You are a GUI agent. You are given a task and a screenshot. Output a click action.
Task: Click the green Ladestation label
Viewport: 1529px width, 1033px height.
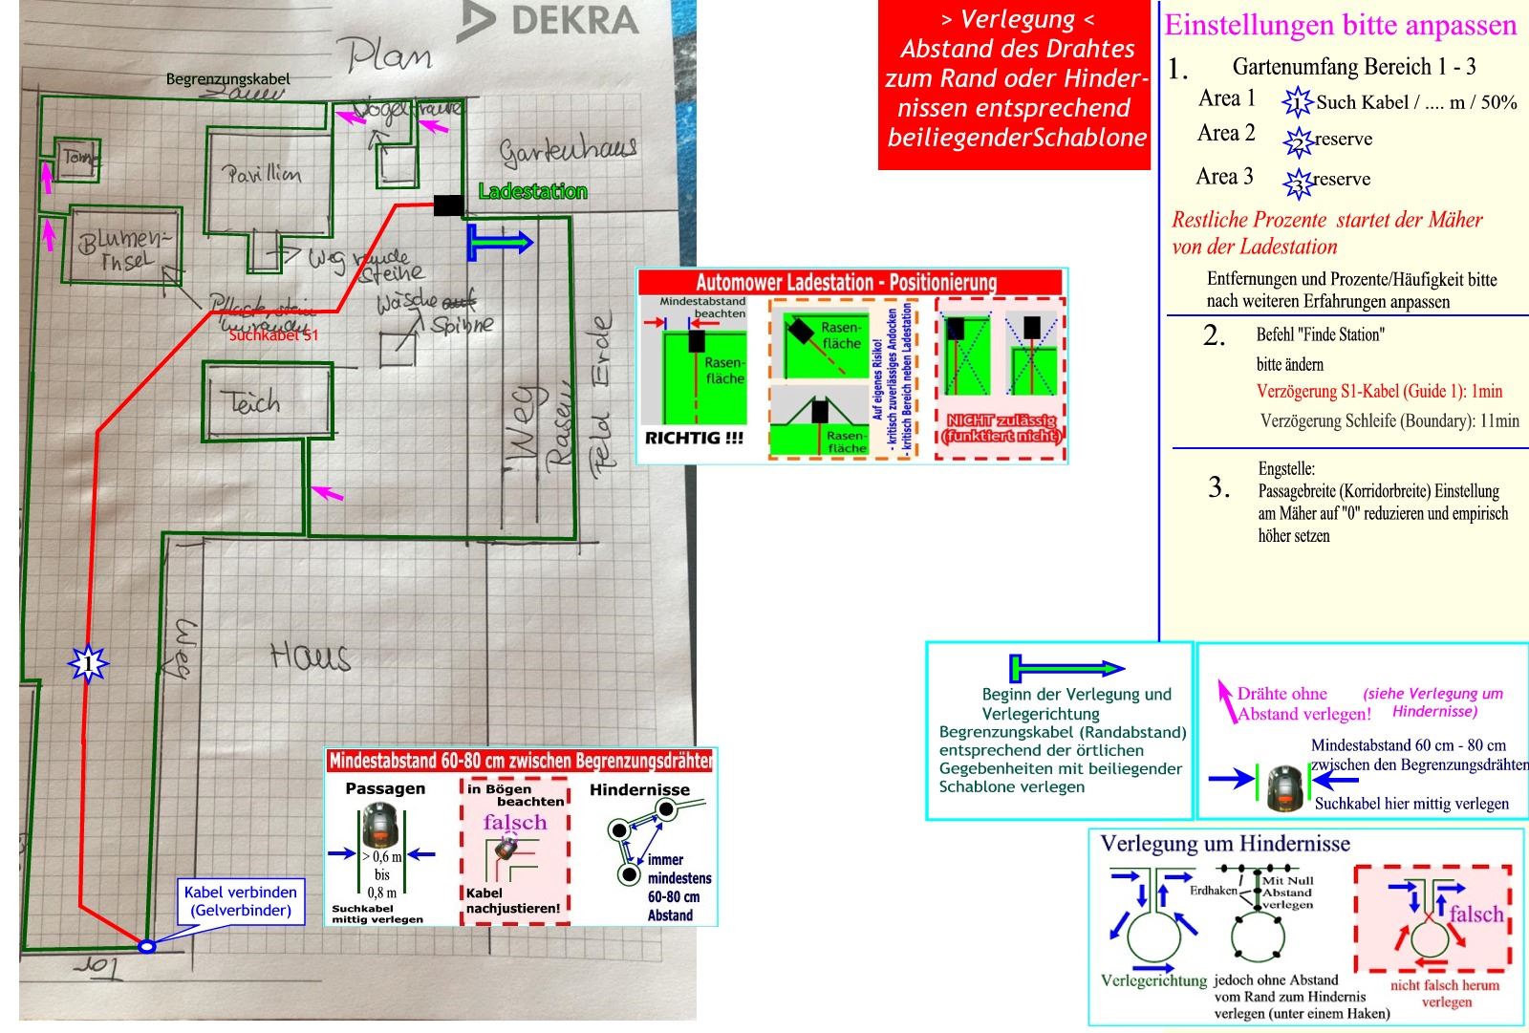click(x=532, y=191)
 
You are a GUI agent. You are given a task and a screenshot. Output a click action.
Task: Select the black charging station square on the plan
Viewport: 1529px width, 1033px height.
click(x=448, y=204)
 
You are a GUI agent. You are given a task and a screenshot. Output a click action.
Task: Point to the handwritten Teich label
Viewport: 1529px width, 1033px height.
click(x=250, y=401)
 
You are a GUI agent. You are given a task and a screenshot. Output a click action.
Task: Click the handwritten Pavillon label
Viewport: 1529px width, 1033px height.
click(x=263, y=174)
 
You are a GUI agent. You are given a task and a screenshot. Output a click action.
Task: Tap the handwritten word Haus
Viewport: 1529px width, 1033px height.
click(x=310, y=656)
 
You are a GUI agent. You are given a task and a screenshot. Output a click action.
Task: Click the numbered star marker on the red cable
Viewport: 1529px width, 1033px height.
click(x=89, y=662)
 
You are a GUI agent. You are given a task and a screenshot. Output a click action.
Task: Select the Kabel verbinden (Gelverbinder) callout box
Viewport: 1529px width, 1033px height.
click(x=240, y=901)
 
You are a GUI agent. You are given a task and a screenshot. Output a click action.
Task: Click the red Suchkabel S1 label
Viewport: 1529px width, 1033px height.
click(x=273, y=335)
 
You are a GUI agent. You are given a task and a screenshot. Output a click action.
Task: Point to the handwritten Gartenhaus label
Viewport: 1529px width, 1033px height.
click(x=568, y=151)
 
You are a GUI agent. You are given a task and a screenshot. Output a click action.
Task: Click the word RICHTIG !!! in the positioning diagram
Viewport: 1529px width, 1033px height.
click(x=694, y=439)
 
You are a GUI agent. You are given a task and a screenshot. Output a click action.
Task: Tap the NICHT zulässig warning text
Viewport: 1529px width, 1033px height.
click(x=1001, y=428)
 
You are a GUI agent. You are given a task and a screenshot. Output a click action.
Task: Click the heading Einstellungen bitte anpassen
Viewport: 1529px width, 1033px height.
click(x=1340, y=25)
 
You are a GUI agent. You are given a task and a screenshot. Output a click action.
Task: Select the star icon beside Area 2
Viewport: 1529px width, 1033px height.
click(x=1298, y=141)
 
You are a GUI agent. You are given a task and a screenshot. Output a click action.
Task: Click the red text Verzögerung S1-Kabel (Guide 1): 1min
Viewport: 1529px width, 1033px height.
click(x=1379, y=391)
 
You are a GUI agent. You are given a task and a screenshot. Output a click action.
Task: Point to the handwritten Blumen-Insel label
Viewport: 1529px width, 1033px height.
click(x=125, y=249)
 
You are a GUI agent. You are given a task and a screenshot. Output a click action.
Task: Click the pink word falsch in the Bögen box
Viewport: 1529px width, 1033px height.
click(x=515, y=822)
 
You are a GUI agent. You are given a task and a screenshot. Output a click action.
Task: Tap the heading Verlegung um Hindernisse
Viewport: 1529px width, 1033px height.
click(x=1225, y=844)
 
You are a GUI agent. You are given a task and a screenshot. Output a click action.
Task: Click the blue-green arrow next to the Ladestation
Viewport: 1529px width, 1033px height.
click(x=500, y=243)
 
